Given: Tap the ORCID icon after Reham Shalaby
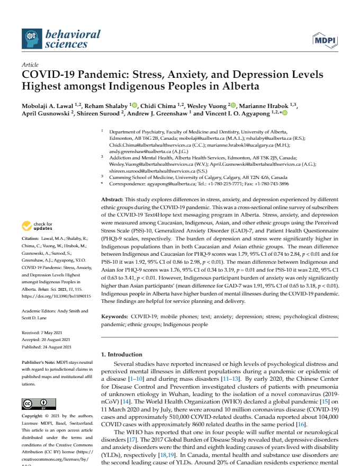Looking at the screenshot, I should coord(134,105).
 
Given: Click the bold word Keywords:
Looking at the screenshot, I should coord(115,316).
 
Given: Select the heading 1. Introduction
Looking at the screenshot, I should coord(121,354).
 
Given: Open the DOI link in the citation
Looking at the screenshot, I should coord(56,296).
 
